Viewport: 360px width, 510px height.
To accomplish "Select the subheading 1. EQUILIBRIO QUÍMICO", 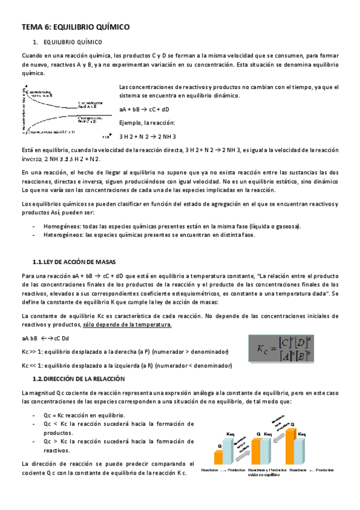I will click(x=67, y=43).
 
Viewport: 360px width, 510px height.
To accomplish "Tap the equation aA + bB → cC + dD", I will click(x=144, y=109).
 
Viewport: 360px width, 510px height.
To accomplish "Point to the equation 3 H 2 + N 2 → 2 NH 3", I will click(x=147, y=137).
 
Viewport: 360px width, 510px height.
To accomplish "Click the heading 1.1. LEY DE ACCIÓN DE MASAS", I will click(x=79, y=262).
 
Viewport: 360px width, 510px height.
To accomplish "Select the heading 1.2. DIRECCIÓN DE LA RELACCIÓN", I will click(x=79, y=379).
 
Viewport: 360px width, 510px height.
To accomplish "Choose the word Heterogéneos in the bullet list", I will click(x=64, y=235).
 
